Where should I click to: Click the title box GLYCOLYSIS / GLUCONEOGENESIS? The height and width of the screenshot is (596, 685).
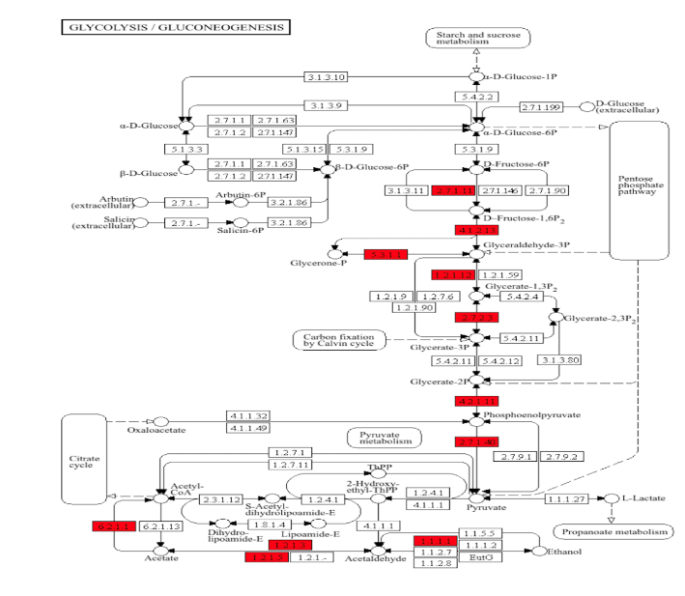[x=175, y=27]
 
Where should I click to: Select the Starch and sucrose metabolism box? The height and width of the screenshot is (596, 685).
[x=478, y=38]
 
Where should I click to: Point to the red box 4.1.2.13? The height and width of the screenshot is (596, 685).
[x=475, y=231]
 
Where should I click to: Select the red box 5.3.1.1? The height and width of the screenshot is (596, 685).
[x=386, y=254]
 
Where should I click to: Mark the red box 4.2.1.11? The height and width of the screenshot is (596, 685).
[x=475, y=401]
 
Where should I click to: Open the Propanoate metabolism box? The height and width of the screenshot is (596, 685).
[x=612, y=531]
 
